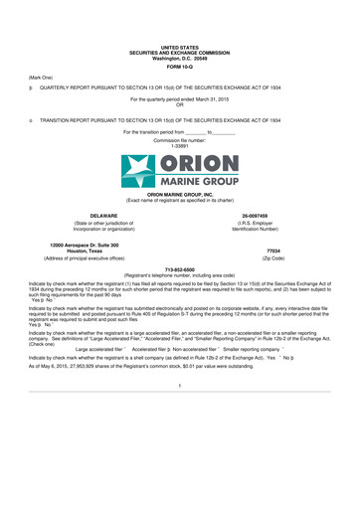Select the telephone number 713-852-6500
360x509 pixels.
(x=180, y=268)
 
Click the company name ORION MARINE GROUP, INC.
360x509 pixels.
(x=180, y=195)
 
